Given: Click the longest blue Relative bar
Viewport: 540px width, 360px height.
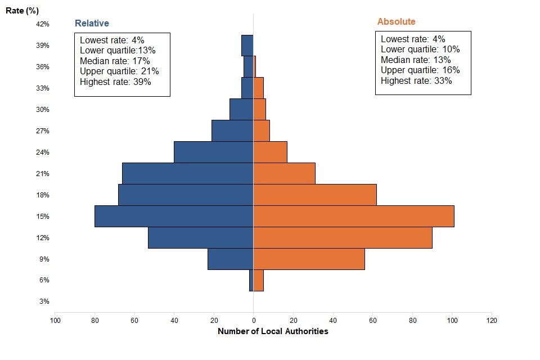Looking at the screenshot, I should [x=174, y=216].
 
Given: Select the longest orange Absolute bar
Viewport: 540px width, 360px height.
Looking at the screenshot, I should [x=353, y=216].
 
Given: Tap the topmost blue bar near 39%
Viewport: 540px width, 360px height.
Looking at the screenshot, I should [x=247, y=46].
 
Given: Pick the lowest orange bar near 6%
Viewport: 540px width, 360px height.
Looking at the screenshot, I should [x=258, y=280].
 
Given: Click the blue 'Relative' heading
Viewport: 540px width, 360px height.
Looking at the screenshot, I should [x=92, y=24].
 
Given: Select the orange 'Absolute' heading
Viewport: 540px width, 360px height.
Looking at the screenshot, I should [x=396, y=22].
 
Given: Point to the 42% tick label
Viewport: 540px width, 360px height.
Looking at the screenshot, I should [x=43, y=24].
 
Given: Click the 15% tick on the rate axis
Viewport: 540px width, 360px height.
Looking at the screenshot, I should [x=43, y=217].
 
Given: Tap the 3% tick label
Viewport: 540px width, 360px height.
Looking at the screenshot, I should [x=44, y=301].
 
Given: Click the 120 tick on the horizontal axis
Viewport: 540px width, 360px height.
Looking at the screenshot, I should [x=492, y=321].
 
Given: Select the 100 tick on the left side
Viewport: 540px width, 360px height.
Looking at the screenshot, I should [x=55, y=321].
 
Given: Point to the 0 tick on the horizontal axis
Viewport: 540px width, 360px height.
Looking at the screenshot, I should [x=253, y=321].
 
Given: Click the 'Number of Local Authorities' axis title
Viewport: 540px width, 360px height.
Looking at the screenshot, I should [x=272, y=331].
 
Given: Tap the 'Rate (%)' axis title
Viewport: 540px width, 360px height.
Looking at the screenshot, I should [x=21, y=10].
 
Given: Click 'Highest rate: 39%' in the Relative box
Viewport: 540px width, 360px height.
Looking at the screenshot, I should [x=115, y=82].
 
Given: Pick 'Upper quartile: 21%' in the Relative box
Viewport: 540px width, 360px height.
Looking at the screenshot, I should [x=119, y=71].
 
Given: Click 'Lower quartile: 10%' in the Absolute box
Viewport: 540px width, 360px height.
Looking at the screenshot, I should [x=420, y=49].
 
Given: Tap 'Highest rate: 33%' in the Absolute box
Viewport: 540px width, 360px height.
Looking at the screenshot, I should [x=416, y=80].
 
